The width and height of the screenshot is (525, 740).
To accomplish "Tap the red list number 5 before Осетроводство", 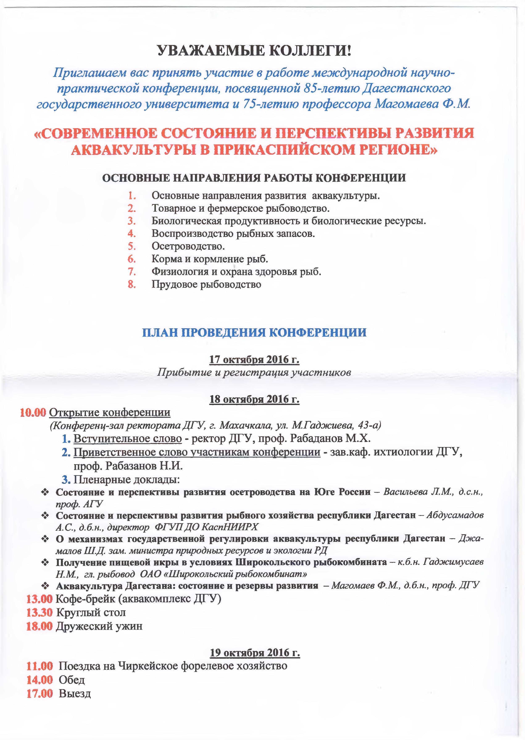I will (x=132, y=247).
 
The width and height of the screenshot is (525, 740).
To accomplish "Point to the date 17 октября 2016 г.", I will (x=254, y=360).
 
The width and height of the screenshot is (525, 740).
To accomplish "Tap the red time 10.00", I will (x=33, y=413).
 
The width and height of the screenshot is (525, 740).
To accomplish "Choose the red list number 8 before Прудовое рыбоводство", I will (x=132, y=285).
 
